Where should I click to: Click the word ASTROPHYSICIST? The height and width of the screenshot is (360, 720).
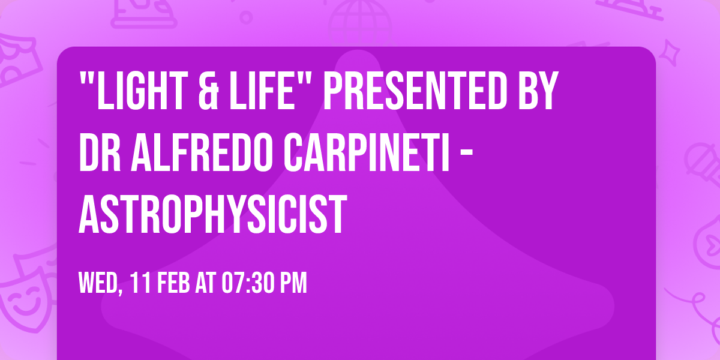tap(213, 214)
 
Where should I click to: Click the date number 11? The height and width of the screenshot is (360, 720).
tap(140, 283)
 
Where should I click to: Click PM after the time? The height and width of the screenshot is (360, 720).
tap(292, 283)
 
